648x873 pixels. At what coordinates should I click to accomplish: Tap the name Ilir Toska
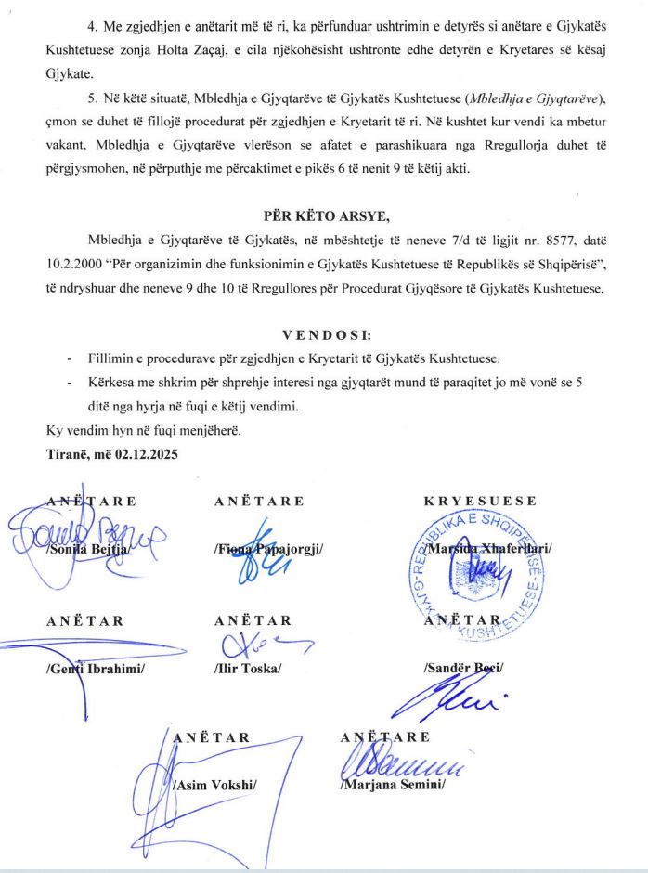click(x=247, y=669)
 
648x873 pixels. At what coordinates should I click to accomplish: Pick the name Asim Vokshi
click(x=214, y=786)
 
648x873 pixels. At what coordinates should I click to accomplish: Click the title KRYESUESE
click(x=480, y=502)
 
